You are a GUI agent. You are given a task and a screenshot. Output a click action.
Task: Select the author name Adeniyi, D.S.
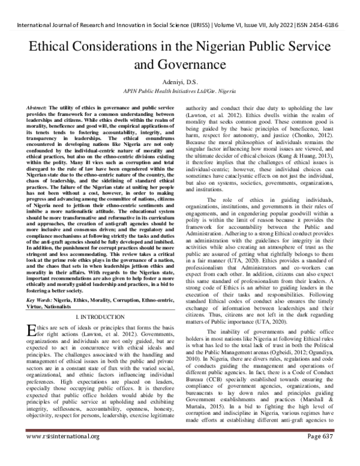click(x=179, y=81)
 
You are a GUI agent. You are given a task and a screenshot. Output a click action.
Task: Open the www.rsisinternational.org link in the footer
click(x=45, y=453)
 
